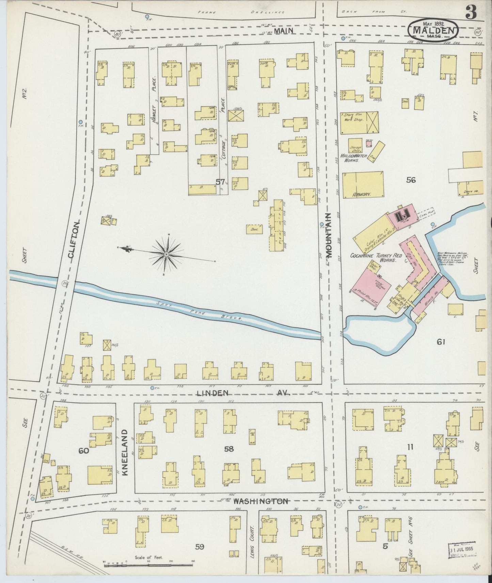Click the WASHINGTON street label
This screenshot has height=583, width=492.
click(261, 501)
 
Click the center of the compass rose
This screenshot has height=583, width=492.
click(166, 254)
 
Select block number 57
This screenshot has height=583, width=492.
click(220, 182)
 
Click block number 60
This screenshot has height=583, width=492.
click(83, 451)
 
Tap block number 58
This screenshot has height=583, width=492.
click(229, 449)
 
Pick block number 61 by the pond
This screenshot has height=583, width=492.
click(441, 342)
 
